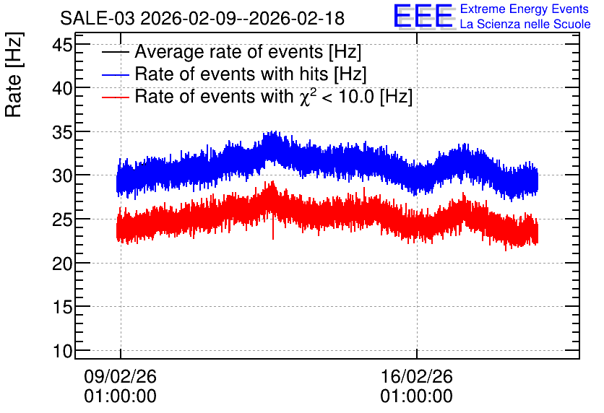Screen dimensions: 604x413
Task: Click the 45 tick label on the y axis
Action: click(x=62, y=45)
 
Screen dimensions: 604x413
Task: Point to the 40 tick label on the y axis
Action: click(x=62, y=89)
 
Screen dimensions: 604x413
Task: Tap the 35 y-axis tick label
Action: click(x=62, y=132)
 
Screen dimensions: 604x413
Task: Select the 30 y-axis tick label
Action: click(x=62, y=176)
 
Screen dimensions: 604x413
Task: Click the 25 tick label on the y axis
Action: click(x=62, y=219)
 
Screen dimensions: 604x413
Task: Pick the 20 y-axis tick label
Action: click(x=62, y=264)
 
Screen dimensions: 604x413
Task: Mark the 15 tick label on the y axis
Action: click(x=62, y=307)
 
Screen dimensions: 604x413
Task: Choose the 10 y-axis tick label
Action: click(x=62, y=351)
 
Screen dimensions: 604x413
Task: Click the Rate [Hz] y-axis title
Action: click(x=14, y=74)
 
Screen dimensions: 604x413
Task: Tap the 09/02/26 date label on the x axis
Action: click(x=120, y=376)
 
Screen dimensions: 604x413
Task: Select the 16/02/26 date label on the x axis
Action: click(x=416, y=376)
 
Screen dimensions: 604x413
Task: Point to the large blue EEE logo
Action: click(x=423, y=16)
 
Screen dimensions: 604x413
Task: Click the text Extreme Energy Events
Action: click(x=525, y=9)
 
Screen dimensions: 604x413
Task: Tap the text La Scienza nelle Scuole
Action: click(x=525, y=24)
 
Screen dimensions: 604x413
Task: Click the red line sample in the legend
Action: click(x=115, y=97)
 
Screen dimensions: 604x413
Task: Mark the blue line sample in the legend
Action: click(x=115, y=74)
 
